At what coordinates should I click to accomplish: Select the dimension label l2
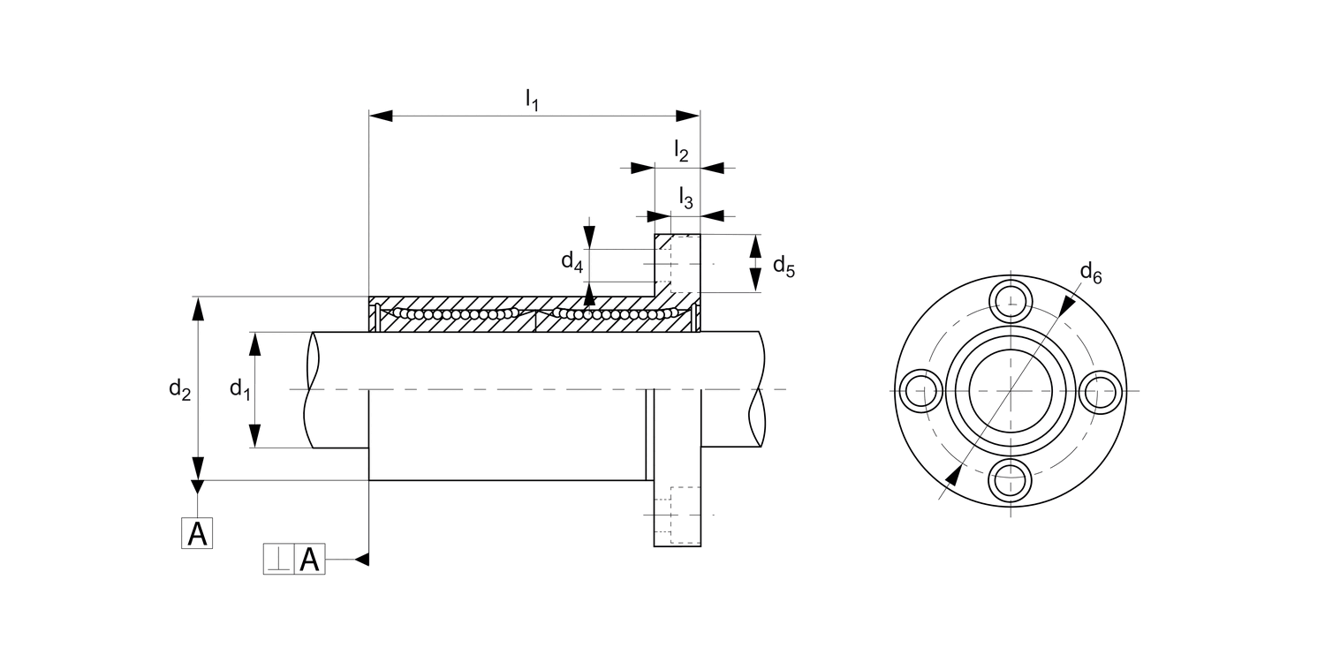tap(681, 151)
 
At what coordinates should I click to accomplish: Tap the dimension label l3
tap(685, 198)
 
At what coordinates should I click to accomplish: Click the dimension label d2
tap(180, 388)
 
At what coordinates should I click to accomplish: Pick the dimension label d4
tap(572, 261)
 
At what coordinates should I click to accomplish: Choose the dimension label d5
tap(784, 265)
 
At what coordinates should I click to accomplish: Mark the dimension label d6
tap(1092, 274)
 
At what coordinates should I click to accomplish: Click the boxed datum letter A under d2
tap(198, 534)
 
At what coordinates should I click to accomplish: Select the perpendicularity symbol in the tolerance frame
tap(279, 560)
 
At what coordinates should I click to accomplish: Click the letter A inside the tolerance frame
tap(309, 560)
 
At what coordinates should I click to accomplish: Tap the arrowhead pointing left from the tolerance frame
tap(360, 559)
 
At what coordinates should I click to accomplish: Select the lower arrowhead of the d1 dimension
tap(254, 437)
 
